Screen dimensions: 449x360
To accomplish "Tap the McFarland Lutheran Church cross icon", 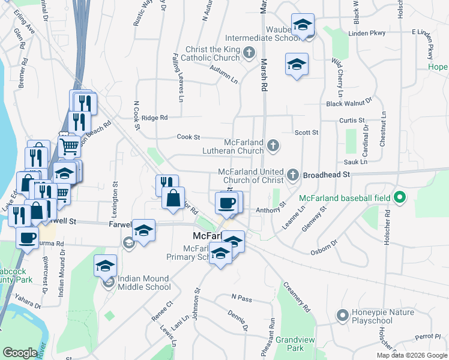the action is coord(273,145).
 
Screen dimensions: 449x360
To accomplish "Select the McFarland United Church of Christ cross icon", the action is coord(293,175).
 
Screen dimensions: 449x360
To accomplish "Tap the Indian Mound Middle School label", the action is coord(144,283).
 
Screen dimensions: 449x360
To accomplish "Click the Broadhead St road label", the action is coord(327,174).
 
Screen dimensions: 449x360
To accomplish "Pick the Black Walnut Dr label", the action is coord(349,103).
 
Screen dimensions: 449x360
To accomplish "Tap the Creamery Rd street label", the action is coord(296,297).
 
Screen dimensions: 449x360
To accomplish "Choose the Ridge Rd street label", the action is coord(155,118).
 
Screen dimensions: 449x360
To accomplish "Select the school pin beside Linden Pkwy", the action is coord(303,26).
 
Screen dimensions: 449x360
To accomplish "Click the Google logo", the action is coord(20,353).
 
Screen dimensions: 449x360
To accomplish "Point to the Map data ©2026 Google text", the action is coord(411,355).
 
